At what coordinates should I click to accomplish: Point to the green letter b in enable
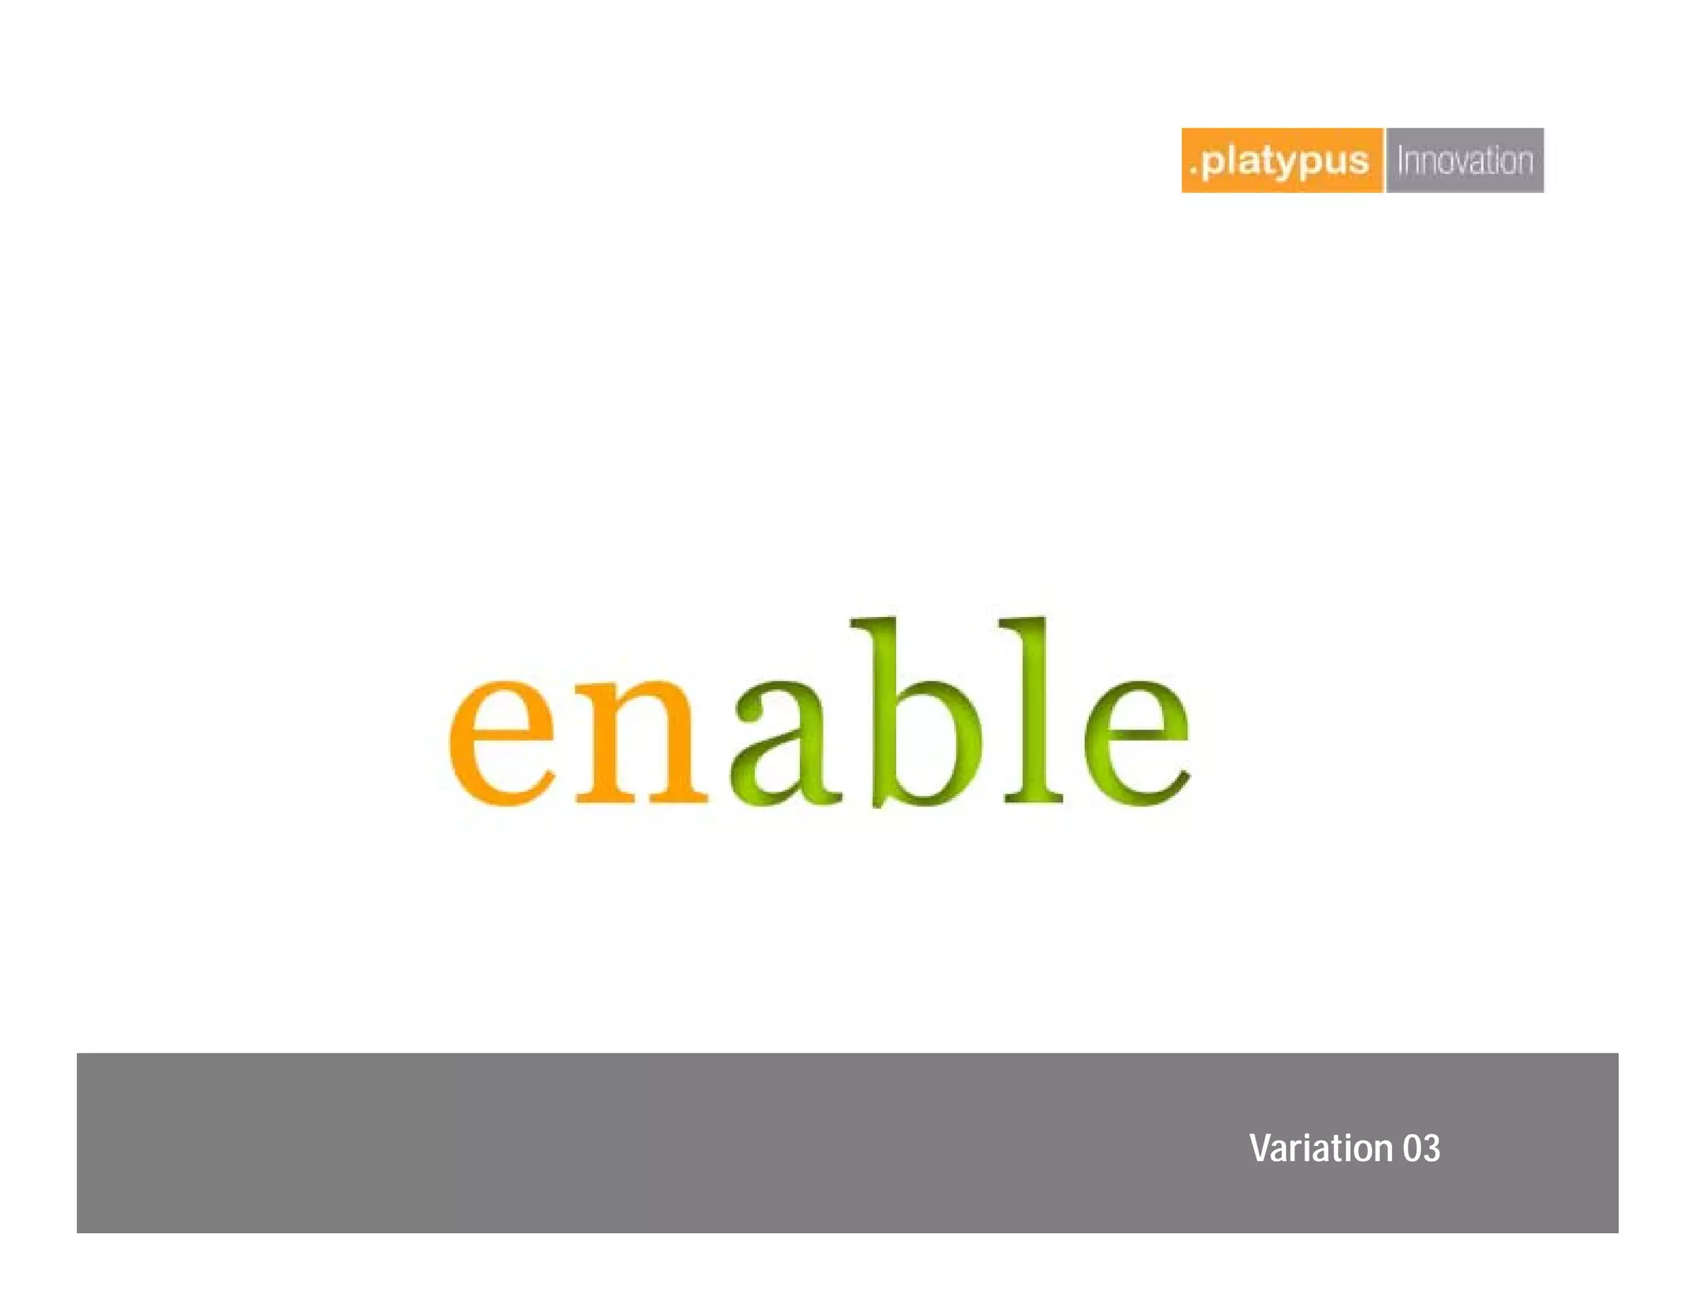[919, 720]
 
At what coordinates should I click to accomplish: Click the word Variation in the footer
[1321, 1149]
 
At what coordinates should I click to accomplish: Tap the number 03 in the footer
[1421, 1149]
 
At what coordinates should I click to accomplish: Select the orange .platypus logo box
[1281, 161]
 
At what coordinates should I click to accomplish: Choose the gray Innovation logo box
[1464, 161]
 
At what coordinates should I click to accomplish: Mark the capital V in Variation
[1260, 1149]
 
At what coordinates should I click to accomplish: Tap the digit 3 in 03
[1431, 1149]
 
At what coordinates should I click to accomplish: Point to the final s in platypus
[1358, 163]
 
